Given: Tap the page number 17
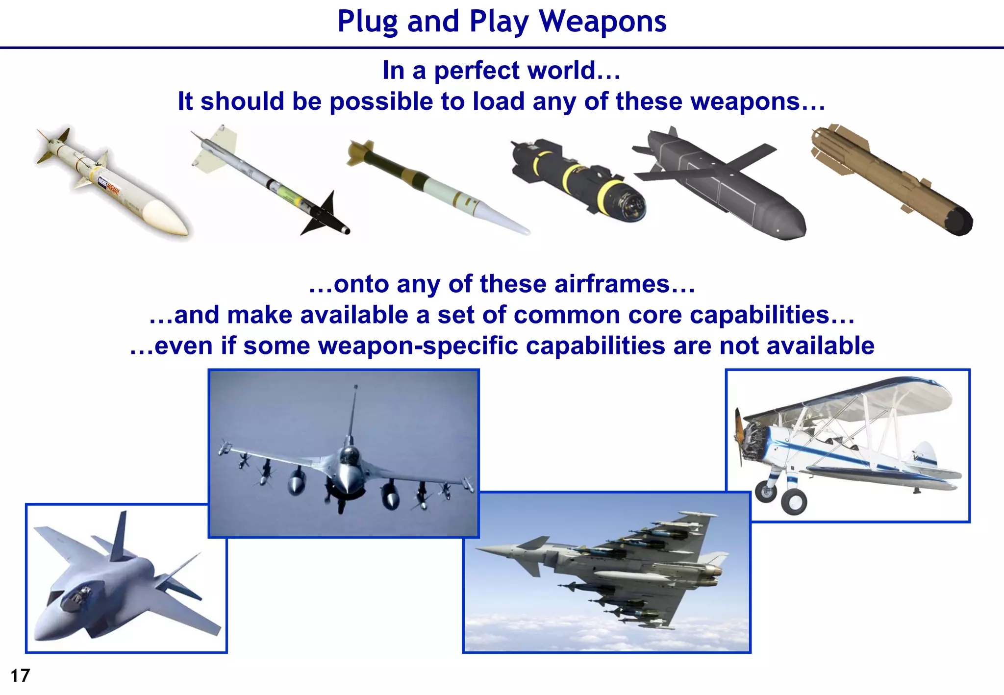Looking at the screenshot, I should pyautogui.click(x=20, y=675).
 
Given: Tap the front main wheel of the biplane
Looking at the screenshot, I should pyautogui.click(x=793, y=501).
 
